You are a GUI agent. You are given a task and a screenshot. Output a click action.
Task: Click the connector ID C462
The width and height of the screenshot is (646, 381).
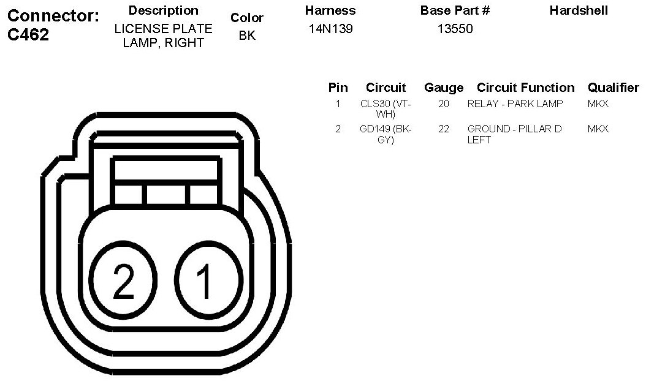pos(28,34)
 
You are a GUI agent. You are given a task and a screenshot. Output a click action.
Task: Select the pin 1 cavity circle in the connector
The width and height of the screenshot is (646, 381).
pos(206,280)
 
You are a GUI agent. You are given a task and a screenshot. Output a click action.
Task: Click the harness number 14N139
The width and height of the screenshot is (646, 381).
pos(331,29)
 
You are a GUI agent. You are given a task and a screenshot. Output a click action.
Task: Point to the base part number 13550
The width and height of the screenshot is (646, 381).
pos(455,29)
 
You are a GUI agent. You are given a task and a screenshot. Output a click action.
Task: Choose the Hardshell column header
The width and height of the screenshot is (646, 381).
pos(579,10)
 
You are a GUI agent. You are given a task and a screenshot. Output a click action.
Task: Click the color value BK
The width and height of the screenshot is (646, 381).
pos(247,36)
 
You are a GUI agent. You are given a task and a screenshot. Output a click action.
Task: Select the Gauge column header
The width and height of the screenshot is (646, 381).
pos(444,88)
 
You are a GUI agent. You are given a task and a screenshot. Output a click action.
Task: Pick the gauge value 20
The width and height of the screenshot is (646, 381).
pos(444,104)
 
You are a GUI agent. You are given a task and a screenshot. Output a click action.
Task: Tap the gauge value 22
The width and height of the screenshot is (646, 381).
pos(444,129)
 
